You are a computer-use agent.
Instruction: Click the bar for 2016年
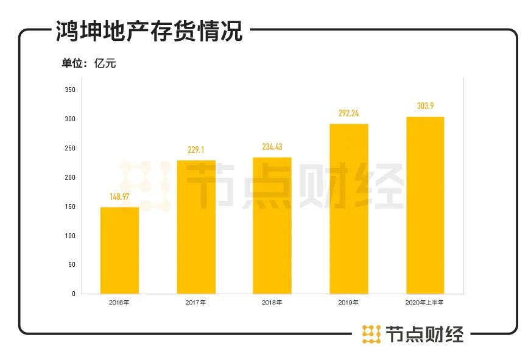click(x=119, y=250)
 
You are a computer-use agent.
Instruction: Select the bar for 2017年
click(x=196, y=227)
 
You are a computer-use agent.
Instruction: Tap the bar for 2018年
click(x=272, y=225)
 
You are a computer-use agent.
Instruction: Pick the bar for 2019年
click(x=349, y=208)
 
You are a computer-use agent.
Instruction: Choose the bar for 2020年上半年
click(x=425, y=205)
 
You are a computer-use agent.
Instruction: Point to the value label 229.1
click(x=196, y=150)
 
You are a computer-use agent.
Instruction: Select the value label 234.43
click(x=272, y=147)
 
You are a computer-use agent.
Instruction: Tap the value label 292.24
click(x=349, y=113)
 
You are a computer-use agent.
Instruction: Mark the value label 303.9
click(x=425, y=106)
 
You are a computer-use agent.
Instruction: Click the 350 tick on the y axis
click(x=69, y=90)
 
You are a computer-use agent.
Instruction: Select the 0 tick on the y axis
click(x=73, y=294)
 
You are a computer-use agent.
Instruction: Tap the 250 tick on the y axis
click(x=69, y=149)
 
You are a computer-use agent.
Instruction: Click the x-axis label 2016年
click(x=119, y=303)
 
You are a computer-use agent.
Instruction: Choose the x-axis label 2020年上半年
click(x=425, y=303)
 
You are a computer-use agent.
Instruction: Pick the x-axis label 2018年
click(x=272, y=303)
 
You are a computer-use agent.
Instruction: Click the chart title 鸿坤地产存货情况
click(x=149, y=30)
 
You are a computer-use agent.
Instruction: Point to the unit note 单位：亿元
click(x=88, y=63)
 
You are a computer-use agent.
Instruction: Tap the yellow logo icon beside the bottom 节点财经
click(x=371, y=334)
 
